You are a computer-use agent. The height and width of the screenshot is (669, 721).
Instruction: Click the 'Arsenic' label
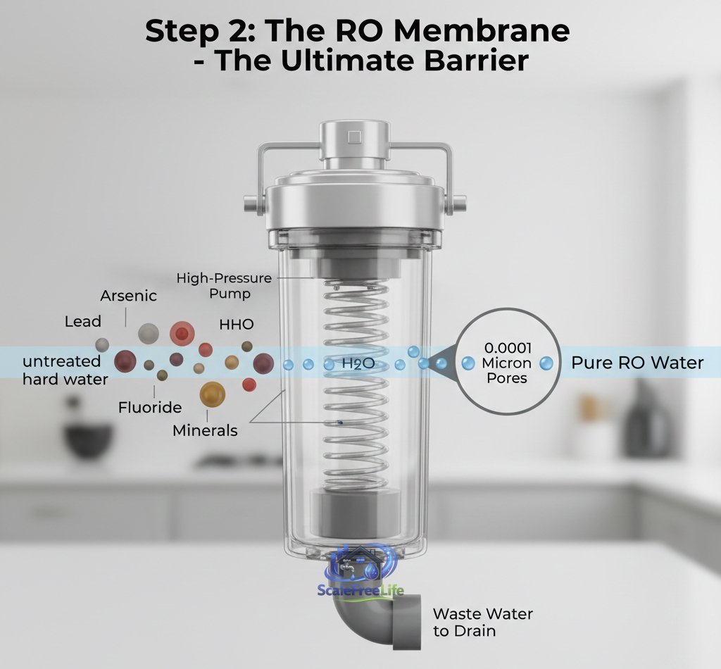click(x=128, y=296)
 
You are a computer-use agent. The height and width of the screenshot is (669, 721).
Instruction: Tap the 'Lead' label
click(x=83, y=322)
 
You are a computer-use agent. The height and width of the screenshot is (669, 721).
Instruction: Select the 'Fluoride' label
click(x=149, y=407)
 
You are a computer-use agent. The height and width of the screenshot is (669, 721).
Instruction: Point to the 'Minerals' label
click(x=205, y=430)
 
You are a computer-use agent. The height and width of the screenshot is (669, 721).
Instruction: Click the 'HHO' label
click(x=237, y=325)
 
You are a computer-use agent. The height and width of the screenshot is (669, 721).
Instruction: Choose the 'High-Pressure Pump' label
click(x=224, y=286)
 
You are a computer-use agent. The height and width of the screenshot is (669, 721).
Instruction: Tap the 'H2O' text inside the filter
click(x=357, y=364)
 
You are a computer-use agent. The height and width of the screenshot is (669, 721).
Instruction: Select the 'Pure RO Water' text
click(x=637, y=363)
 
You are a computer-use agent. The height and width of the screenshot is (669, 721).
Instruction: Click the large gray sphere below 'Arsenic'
click(x=149, y=334)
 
